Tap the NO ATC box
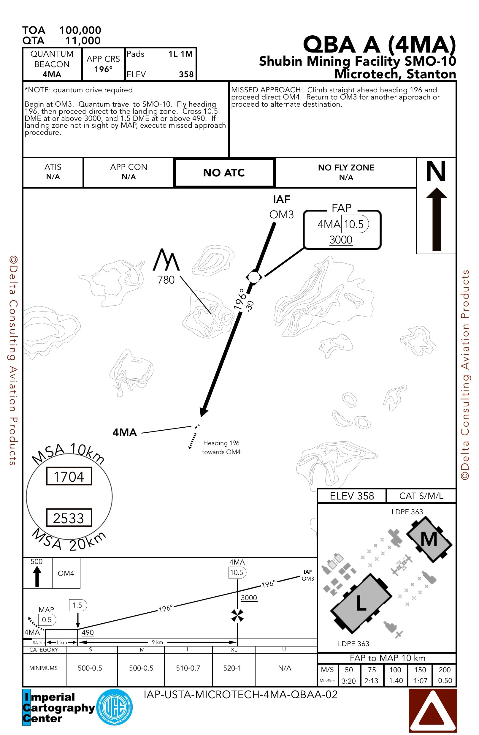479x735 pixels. tap(224, 173)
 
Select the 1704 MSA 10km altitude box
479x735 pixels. tap(69, 477)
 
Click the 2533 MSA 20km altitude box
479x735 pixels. tap(69, 518)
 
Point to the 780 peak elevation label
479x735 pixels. tap(166, 280)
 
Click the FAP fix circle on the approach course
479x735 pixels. tap(254, 277)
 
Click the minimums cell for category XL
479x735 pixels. tap(232, 668)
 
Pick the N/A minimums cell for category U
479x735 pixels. tap(285, 668)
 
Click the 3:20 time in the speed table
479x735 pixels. tap(349, 681)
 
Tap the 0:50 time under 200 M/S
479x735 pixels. tap(445, 680)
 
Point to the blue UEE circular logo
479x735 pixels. tap(115, 707)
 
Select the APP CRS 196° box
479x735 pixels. tap(103, 64)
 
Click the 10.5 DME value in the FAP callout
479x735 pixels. tap(354, 224)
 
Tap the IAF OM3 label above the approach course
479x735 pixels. tap(281, 207)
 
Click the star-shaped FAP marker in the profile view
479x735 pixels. tap(237, 615)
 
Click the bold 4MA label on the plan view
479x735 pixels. tap(125, 432)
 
